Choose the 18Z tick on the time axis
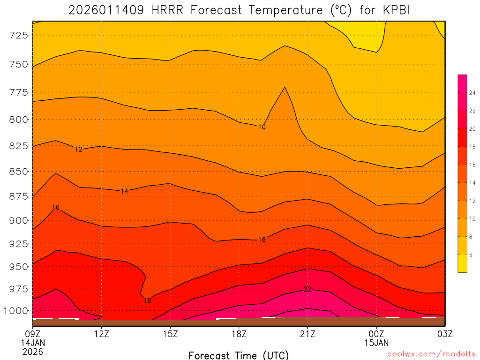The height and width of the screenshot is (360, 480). (x=239, y=334)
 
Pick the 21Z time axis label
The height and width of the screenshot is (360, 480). (x=307, y=334)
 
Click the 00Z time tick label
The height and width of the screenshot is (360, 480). (x=376, y=334)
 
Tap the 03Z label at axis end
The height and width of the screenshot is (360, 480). (x=444, y=334)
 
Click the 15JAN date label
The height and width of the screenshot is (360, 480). (x=376, y=343)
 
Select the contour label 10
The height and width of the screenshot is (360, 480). (x=262, y=127)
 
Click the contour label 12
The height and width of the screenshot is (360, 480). (x=79, y=150)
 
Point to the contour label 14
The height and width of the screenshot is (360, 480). (x=124, y=191)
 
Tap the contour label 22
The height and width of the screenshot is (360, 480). (x=307, y=289)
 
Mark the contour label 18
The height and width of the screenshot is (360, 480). (x=147, y=300)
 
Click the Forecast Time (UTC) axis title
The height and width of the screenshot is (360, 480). (x=239, y=355)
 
